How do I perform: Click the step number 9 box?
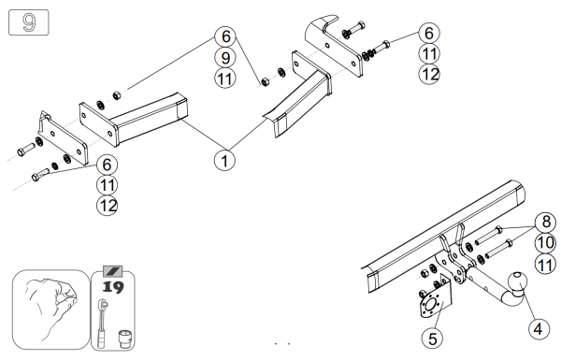[x=29, y=22]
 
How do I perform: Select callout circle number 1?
[x=224, y=160]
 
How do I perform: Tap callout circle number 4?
[x=539, y=328]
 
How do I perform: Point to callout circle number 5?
[x=433, y=338]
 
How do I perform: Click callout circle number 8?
[x=546, y=222]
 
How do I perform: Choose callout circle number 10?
[x=546, y=243]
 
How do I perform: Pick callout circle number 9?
[x=225, y=57]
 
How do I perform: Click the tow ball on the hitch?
[x=517, y=282]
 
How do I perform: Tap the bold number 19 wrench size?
[x=113, y=287]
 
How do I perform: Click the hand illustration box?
[x=51, y=310]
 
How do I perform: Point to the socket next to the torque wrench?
[x=124, y=338]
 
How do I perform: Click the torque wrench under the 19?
[x=102, y=324]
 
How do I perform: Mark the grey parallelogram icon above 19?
[x=113, y=271]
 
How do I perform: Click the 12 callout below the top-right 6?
[x=429, y=74]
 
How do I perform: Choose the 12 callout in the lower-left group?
[x=108, y=206]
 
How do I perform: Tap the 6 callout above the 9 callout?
[x=225, y=36]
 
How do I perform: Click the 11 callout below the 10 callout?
[x=546, y=265]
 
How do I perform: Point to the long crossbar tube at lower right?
[x=443, y=237]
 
